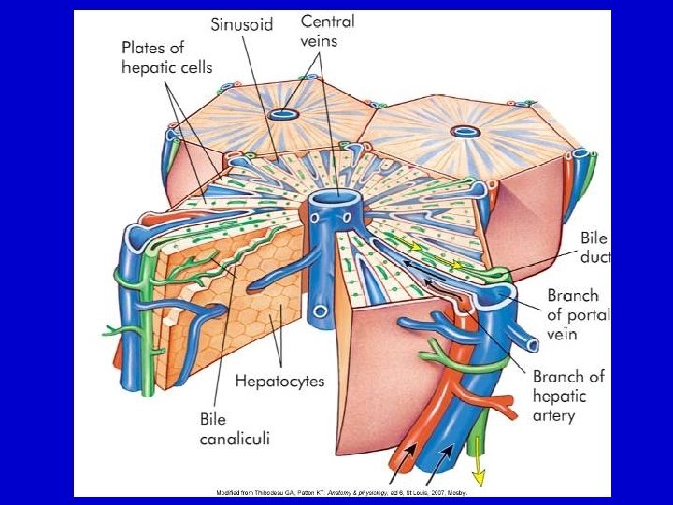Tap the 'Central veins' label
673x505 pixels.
coord(327,30)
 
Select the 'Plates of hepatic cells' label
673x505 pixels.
coord(167,57)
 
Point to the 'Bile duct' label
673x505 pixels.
coord(595,249)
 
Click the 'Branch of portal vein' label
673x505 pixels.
coord(576,314)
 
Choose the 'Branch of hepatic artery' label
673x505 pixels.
coord(568,396)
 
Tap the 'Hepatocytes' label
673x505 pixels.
coord(279,381)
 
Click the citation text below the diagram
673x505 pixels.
coord(341,491)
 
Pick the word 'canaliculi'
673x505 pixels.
coord(235,439)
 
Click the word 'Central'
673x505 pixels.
coord(327,21)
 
